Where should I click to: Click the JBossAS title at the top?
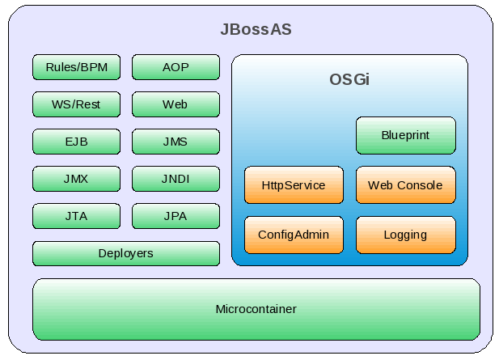[x=256, y=30]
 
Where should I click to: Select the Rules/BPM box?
[x=76, y=67]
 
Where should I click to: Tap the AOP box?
[x=175, y=67]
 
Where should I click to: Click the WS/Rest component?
[x=76, y=104]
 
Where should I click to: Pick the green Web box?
[x=175, y=104]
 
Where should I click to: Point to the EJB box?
[x=76, y=142]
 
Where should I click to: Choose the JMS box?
[x=175, y=142]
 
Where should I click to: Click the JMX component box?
[x=76, y=179]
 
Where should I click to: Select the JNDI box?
[x=175, y=179]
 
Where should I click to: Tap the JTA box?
[x=76, y=216]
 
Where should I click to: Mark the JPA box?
[x=175, y=216]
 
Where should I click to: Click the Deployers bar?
[x=125, y=253]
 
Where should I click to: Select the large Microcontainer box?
[x=256, y=309]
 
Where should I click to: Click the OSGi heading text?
[x=349, y=81]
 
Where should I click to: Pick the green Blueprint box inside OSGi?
[x=405, y=135]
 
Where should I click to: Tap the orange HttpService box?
[x=294, y=185]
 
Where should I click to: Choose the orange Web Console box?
[x=405, y=185]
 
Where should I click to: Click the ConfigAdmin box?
[x=294, y=235]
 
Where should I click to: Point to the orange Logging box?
[x=405, y=235]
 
